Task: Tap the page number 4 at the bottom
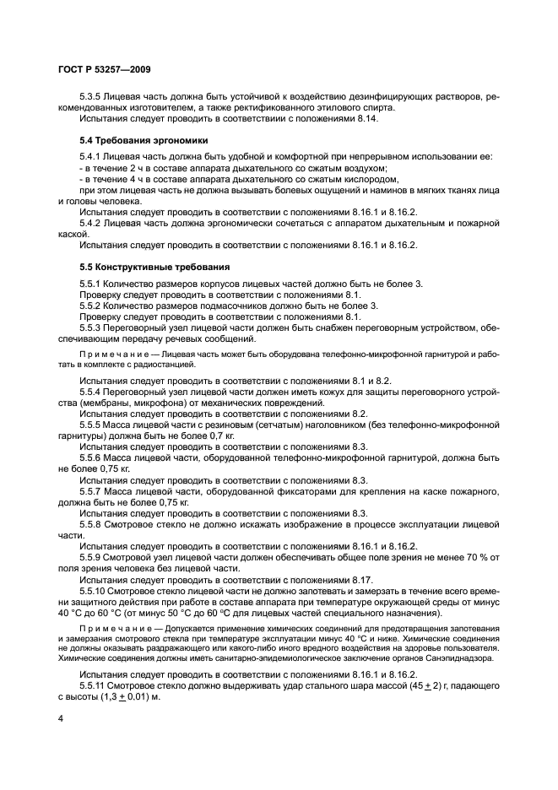click(x=61, y=717)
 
